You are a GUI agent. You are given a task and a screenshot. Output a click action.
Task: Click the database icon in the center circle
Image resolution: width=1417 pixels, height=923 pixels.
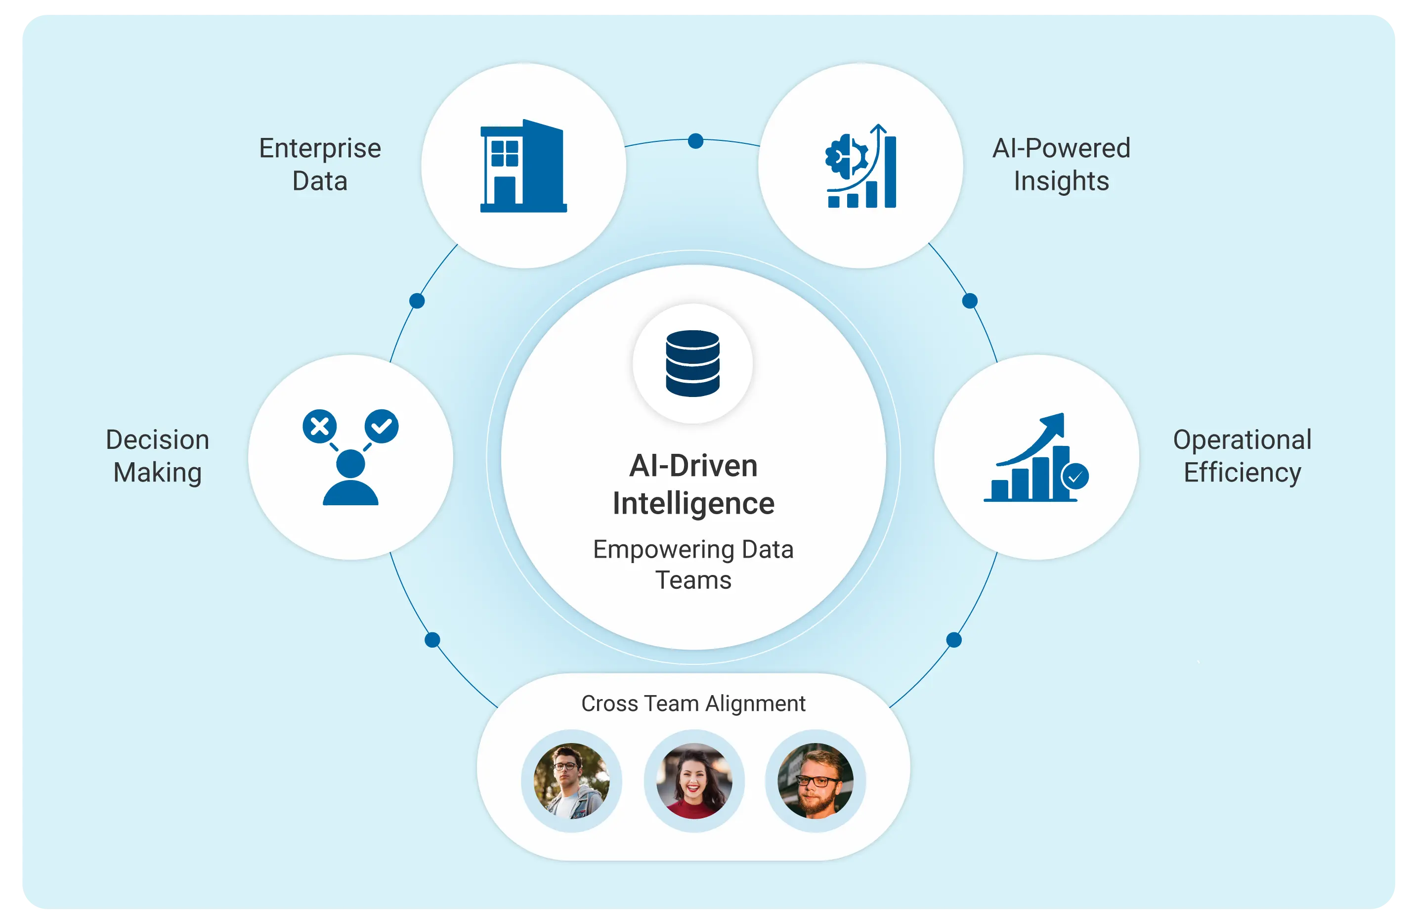[692, 363]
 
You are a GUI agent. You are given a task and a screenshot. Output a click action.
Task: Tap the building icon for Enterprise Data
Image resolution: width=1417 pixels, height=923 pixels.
[523, 166]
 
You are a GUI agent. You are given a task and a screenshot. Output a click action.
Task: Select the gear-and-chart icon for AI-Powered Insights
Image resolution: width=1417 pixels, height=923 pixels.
[861, 166]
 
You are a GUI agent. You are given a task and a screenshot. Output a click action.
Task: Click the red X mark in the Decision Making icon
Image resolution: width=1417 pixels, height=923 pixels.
[320, 426]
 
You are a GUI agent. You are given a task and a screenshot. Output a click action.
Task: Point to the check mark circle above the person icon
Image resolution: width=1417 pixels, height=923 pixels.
[382, 426]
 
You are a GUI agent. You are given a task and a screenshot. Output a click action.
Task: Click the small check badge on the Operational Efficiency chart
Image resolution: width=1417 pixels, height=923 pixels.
[1075, 477]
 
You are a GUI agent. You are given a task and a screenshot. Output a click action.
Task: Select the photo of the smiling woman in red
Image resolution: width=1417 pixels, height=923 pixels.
[694, 781]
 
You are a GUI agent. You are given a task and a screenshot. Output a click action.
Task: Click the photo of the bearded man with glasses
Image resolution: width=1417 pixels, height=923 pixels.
[816, 781]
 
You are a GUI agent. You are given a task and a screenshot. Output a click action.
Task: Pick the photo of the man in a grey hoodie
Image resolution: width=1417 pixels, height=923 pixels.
[571, 781]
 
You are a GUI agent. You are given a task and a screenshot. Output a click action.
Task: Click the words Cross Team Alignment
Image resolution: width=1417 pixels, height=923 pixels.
[693, 703]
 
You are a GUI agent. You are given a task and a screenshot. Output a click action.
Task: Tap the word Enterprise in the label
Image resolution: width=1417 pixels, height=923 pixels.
[320, 148]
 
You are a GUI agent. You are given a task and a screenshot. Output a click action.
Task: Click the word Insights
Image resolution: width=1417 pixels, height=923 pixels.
[1062, 181]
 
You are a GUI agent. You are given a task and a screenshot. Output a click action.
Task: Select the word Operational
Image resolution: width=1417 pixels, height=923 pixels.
[1242, 440]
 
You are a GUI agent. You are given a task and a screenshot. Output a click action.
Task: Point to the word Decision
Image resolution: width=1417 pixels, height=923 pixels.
[158, 440]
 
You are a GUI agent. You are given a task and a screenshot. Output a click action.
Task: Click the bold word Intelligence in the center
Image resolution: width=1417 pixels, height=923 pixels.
[693, 504]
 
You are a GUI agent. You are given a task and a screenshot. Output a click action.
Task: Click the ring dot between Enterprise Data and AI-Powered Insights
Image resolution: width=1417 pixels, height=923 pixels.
[695, 141]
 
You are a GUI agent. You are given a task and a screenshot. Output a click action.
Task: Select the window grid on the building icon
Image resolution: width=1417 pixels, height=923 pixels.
[505, 153]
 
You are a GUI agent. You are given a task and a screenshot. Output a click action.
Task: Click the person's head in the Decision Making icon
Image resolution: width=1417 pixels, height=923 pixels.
[351, 463]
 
